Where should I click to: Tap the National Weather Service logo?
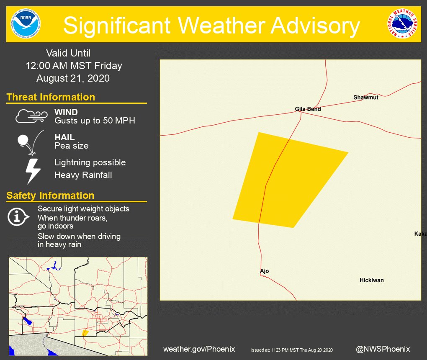coord(402,23)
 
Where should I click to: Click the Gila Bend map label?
coord(308,109)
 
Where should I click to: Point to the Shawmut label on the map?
coord(365,98)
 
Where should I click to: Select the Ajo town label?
coord(264,271)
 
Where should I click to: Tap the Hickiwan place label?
coord(371,280)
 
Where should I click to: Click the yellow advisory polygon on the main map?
coord(285,180)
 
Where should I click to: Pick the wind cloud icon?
coord(32,116)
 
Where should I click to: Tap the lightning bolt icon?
coord(33,170)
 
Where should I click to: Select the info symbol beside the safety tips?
coord(18,216)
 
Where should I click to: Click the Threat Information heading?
coord(51,97)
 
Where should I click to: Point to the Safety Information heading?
coord(50,195)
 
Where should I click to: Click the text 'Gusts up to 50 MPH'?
coord(95,121)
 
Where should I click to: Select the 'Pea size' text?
coord(71,146)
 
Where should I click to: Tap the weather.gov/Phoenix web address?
coord(199,349)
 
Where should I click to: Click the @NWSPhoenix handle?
coord(383,349)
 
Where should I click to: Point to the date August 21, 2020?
coord(73,78)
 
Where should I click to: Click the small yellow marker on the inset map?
coord(85,333)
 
